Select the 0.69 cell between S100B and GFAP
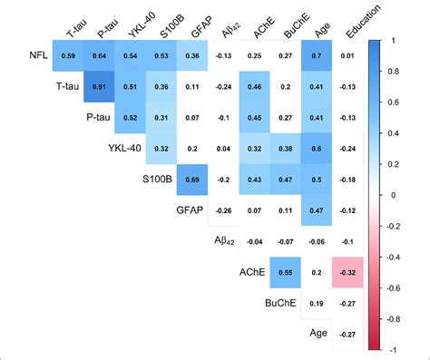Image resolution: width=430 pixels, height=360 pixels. [192, 180]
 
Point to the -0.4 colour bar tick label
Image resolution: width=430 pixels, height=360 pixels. [395, 257]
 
